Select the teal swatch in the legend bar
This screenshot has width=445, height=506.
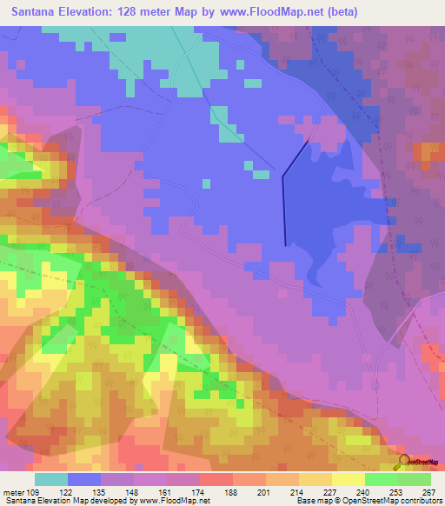(51, 479)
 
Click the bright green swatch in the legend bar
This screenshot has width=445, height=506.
(382, 479)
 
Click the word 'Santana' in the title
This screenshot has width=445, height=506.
(37, 12)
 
